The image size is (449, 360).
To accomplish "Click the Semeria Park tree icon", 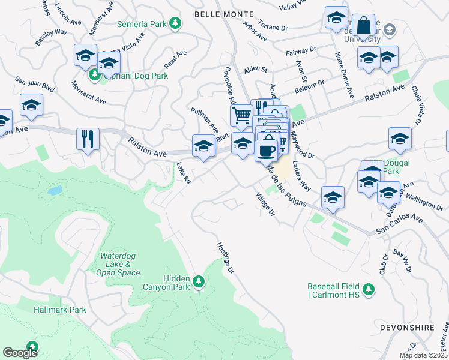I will (175, 23).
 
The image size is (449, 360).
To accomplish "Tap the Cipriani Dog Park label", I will (134, 76).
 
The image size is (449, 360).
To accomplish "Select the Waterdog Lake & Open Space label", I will (118, 264).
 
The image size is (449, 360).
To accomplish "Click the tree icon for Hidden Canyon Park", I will (199, 281).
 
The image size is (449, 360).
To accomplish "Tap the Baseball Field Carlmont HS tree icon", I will (370, 290).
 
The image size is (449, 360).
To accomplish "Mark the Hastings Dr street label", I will (224, 258).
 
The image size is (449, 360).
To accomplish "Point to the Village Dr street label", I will (265, 205).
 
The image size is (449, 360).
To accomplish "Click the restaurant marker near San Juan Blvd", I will (88, 139).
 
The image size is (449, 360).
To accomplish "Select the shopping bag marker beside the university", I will (363, 26).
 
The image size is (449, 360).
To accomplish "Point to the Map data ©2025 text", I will (423, 355).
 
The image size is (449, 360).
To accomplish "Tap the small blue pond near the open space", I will (55, 191).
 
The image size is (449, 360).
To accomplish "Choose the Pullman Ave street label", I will (204, 120).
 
